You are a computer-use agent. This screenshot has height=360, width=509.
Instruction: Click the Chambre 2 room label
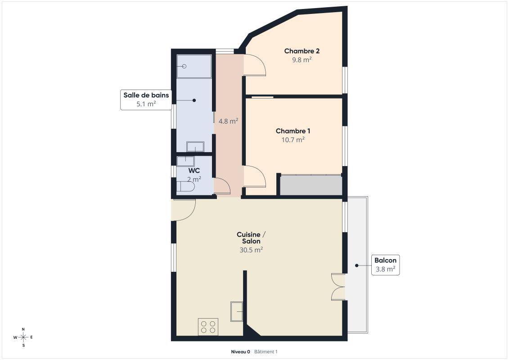point(302,51)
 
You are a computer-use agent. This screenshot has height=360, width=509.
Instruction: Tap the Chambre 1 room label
point(293,131)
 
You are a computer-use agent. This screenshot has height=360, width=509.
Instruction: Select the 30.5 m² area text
point(251,250)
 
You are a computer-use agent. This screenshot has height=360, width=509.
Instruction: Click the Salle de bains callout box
point(146,99)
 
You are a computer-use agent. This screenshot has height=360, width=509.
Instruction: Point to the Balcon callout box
point(385,265)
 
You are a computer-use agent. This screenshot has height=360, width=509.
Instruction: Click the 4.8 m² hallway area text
point(228,121)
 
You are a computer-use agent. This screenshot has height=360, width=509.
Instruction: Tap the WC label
point(194,171)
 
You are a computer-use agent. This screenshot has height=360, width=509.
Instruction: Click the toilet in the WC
point(185,187)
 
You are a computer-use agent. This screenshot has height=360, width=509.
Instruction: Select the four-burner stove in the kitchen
point(208,327)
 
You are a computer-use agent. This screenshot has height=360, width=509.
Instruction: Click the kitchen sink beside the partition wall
point(237,311)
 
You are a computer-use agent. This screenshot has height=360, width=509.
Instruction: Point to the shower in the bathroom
point(194,66)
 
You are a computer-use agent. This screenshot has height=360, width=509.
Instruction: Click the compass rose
point(23,337)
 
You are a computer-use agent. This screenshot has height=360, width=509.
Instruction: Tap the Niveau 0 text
point(240,351)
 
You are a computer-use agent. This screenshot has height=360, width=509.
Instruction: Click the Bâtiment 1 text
point(266,351)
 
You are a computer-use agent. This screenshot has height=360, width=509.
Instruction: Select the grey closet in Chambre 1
point(311,185)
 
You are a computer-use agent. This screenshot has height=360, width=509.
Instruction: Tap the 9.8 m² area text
point(302,60)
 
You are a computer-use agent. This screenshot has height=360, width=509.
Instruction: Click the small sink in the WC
point(186,162)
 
